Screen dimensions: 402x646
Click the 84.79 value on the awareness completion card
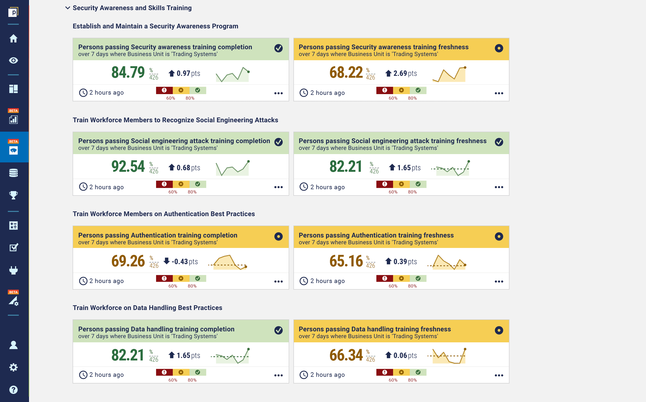(x=128, y=72)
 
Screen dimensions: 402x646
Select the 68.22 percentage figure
(x=346, y=72)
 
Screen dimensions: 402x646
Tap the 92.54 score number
(x=128, y=166)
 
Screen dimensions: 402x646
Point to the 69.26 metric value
(x=128, y=261)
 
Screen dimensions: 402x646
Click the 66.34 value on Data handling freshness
(x=346, y=355)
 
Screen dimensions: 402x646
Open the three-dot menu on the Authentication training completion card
(x=278, y=281)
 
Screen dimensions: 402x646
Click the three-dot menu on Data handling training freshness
(x=499, y=375)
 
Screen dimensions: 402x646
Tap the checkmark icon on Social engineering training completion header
(x=278, y=142)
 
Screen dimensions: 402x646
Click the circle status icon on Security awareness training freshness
(x=499, y=48)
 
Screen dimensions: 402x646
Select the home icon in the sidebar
(x=13, y=39)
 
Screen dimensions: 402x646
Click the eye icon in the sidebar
(x=13, y=61)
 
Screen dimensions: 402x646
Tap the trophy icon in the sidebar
(x=13, y=195)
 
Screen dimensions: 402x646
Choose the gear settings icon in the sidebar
(x=13, y=367)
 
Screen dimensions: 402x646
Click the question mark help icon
(x=13, y=390)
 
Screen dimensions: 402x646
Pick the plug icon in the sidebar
(x=13, y=270)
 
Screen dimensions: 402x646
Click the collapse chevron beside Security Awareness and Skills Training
(x=68, y=8)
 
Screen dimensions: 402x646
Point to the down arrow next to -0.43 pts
(x=167, y=261)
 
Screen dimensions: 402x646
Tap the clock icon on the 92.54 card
(x=83, y=187)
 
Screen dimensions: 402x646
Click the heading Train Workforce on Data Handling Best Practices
(x=147, y=308)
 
